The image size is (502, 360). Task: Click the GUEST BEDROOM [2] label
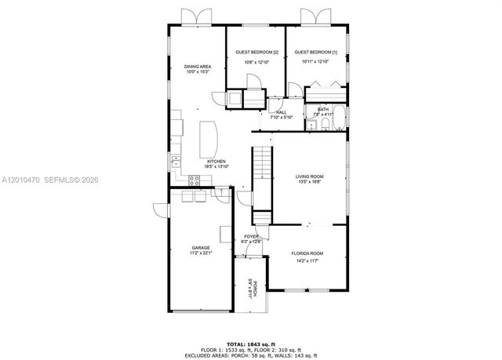coord(255,52)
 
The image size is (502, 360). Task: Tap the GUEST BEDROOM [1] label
coord(316,52)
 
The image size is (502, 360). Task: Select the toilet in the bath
coord(318,124)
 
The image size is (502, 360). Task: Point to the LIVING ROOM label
coord(309,176)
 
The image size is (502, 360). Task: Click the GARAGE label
coord(201,248)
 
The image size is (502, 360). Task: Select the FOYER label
coord(251,236)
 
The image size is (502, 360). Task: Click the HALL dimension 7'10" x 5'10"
coord(282,118)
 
